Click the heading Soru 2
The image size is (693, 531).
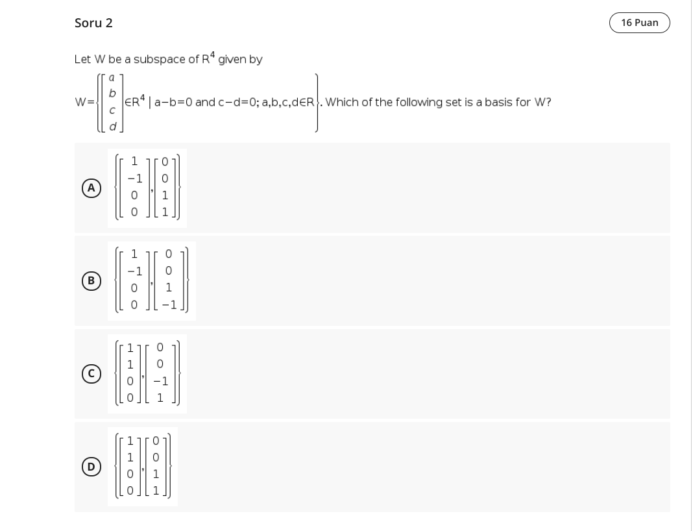click(93, 23)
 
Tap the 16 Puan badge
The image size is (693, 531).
click(639, 23)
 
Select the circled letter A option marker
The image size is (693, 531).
click(91, 188)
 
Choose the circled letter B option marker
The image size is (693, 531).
click(91, 280)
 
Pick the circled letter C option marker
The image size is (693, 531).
click(91, 374)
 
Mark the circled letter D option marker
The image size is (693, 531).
click(91, 467)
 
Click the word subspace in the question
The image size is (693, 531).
click(160, 60)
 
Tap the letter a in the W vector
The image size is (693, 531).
click(112, 77)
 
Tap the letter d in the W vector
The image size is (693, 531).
click(112, 127)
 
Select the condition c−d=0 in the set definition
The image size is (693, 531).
click(237, 103)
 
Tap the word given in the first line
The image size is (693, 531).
click(233, 60)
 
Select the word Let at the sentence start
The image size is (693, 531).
click(82, 60)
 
